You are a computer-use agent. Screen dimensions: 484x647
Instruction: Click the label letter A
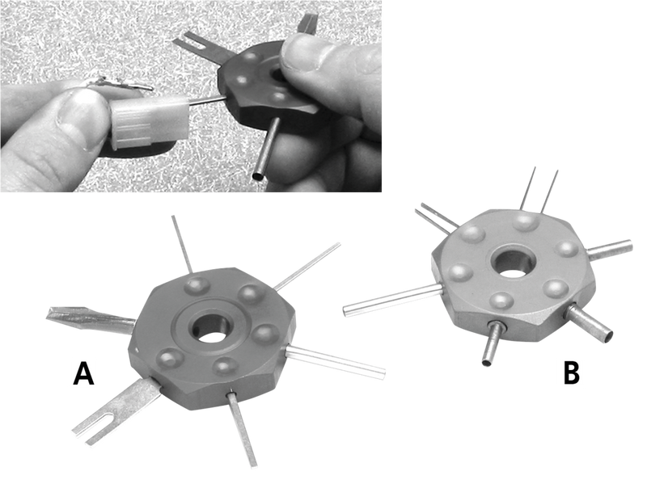pos(81,374)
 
